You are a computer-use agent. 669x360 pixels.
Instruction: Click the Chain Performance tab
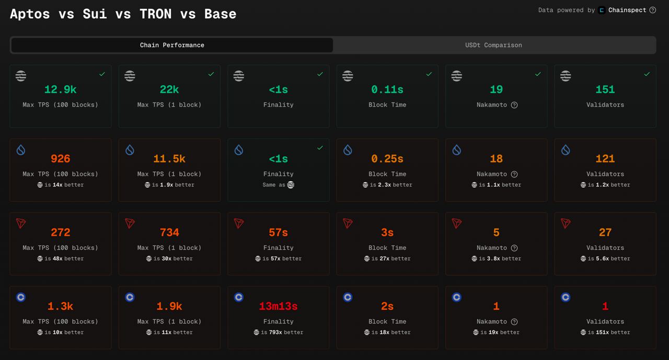172,45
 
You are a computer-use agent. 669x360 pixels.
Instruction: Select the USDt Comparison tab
493,45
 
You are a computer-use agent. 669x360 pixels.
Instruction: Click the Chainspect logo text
627,10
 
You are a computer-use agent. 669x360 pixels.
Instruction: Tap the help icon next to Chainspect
652,10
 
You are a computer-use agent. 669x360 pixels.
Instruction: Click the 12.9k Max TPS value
60,89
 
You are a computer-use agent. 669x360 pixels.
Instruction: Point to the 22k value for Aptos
169,89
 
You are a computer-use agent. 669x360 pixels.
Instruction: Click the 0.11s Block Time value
387,89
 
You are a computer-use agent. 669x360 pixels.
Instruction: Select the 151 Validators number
605,89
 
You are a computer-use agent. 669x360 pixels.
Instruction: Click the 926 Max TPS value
60,159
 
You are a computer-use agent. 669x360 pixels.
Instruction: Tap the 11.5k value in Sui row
169,159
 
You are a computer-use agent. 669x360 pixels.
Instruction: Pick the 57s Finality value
278,233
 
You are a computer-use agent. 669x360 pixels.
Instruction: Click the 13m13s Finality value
278,306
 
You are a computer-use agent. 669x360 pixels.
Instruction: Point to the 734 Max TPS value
169,233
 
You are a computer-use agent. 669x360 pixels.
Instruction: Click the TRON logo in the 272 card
21,223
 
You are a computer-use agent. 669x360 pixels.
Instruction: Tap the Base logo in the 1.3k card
21,297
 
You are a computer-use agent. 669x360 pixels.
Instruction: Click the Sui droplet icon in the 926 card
21,150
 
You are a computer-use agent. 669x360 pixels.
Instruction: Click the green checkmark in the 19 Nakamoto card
538,74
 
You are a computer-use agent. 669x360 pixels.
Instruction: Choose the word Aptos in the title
30,14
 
